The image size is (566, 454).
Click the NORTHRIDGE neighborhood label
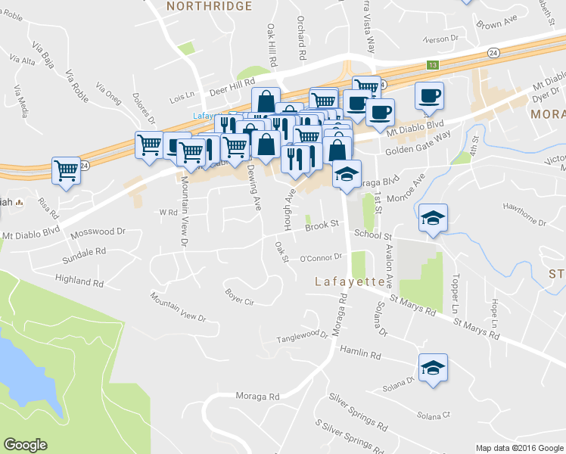208,6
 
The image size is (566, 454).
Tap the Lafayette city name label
350,281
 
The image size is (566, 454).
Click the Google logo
25,445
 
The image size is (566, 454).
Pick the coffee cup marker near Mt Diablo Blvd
429,95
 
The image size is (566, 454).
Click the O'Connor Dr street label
322,257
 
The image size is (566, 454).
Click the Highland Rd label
79,281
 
